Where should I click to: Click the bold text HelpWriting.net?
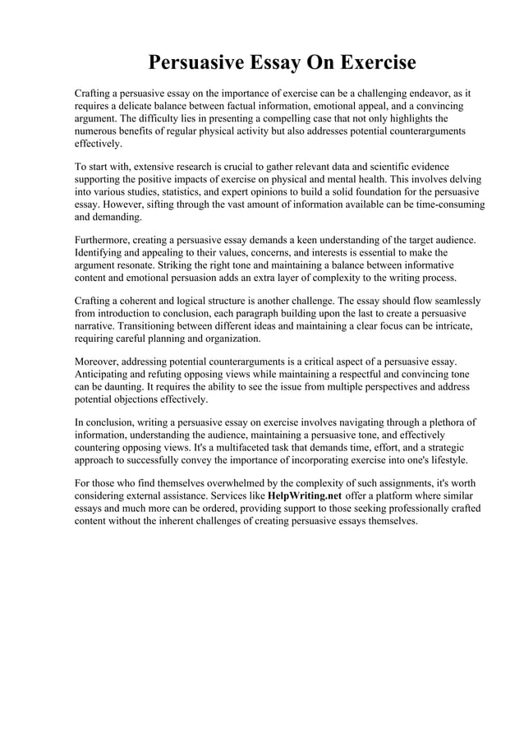point(305,495)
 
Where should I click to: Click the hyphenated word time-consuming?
point(443,205)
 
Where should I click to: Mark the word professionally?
point(426,509)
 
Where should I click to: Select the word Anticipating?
point(104,374)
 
